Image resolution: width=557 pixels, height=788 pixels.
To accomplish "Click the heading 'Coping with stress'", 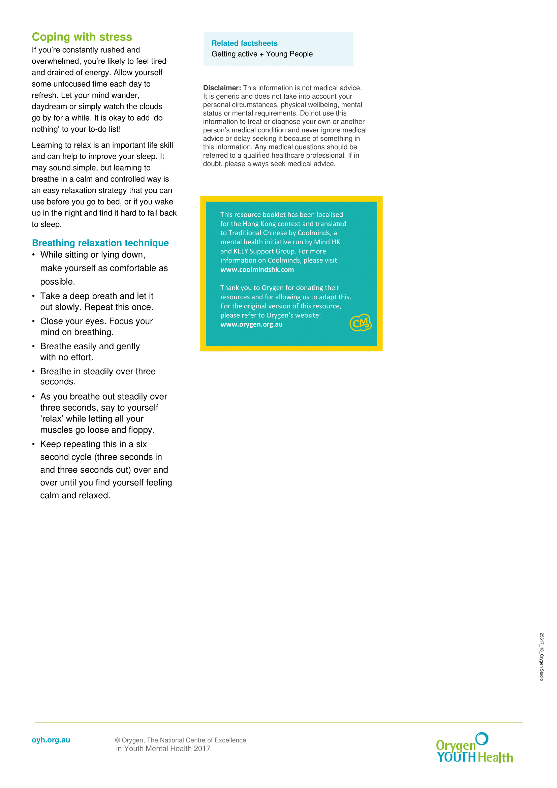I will pyautogui.click(x=82, y=37).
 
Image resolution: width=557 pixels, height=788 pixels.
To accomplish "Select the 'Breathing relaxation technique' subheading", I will pyautogui.click(x=100, y=243).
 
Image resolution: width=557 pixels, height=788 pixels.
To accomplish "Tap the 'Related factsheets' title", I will pyautogui.click(x=244, y=43).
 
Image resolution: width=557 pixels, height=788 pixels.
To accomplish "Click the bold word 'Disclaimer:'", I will pyautogui.click(x=222, y=88).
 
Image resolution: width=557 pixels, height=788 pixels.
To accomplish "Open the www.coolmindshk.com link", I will pyautogui.click(x=257, y=270).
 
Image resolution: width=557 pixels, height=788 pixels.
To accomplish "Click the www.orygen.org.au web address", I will pyautogui.click(x=251, y=325).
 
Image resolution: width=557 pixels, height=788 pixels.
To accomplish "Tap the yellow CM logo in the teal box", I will pyautogui.click(x=360, y=323).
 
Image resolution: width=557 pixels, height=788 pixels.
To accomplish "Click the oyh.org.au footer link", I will pyautogui.click(x=51, y=740).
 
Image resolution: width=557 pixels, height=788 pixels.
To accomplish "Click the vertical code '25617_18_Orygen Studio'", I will pyautogui.click(x=541, y=657).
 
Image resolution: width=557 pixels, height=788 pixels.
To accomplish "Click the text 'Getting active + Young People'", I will pyautogui.click(x=262, y=54).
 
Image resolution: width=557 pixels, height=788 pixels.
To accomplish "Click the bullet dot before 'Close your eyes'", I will pyautogui.click(x=33, y=321).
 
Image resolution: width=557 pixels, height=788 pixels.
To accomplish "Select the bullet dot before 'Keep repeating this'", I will pyautogui.click(x=33, y=444).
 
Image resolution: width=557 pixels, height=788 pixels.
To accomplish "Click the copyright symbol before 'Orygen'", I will pyautogui.click(x=117, y=740).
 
